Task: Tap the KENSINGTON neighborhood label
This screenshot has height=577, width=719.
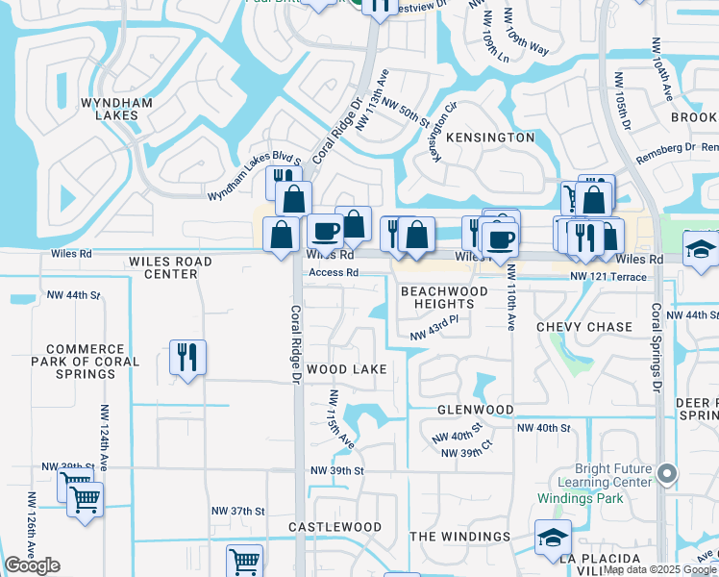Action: pyautogui.click(x=489, y=138)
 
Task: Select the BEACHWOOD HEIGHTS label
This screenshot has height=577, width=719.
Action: pyautogui.click(x=444, y=297)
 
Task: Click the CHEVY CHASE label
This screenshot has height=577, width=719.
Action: pyautogui.click(x=584, y=327)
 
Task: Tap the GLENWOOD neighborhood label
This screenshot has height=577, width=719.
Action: pyautogui.click(x=475, y=410)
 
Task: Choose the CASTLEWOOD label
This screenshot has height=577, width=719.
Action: pyautogui.click(x=331, y=528)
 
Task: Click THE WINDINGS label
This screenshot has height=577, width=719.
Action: pyautogui.click(x=460, y=537)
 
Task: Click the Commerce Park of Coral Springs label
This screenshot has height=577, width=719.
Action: pyautogui.click(x=91, y=363)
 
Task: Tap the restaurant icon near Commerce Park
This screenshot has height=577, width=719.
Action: pyautogui.click(x=187, y=357)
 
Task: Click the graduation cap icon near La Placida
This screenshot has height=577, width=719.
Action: pyautogui.click(x=553, y=537)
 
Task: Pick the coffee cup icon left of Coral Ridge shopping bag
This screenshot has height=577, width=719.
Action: pyautogui.click(x=325, y=231)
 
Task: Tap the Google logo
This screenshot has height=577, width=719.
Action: pyautogui.click(x=33, y=565)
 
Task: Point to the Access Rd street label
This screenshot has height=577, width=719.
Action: pyautogui.click(x=333, y=273)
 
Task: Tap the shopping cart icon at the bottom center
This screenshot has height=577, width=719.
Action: pyautogui.click(x=244, y=560)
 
